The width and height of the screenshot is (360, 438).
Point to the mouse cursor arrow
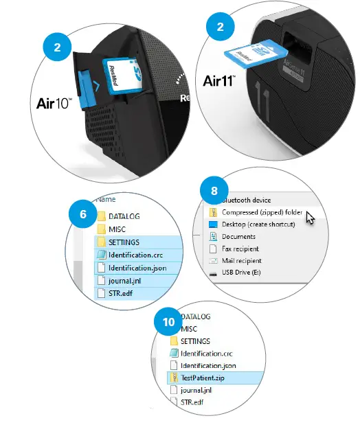(311, 218)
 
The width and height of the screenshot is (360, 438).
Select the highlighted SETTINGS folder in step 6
(124, 242)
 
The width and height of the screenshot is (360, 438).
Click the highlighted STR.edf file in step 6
(122, 293)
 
